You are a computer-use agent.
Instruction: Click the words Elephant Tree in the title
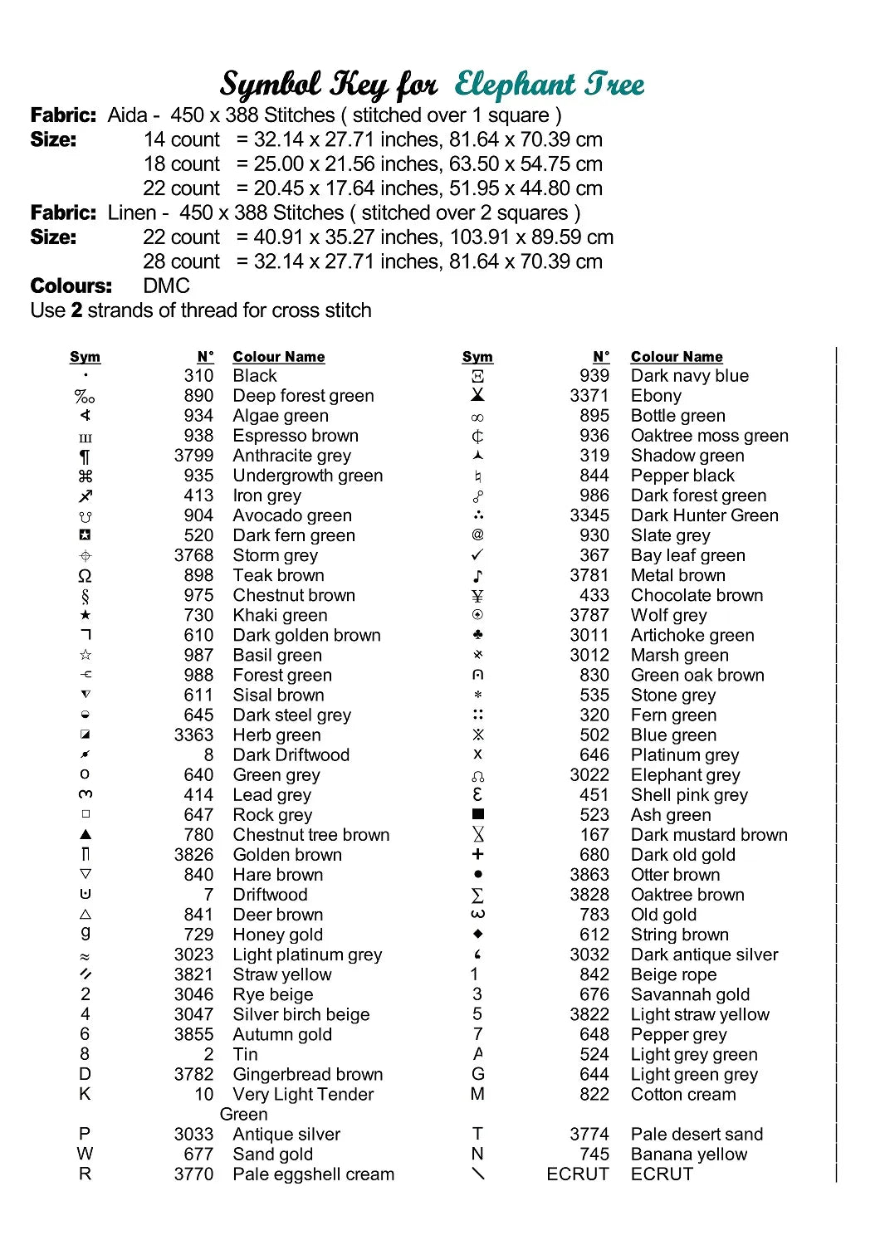pyautogui.click(x=549, y=84)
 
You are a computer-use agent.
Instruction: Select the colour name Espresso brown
pyautogui.click(x=296, y=436)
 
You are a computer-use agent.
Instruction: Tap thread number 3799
pyautogui.click(x=193, y=456)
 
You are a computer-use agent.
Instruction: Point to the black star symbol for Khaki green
pyautogui.click(x=86, y=615)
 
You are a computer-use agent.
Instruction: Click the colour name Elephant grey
pyautogui.click(x=685, y=774)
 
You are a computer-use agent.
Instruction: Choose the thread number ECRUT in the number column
pyautogui.click(x=578, y=1174)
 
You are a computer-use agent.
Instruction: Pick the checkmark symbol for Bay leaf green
pyautogui.click(x=477, y=554)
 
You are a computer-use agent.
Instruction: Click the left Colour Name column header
pyautogui.click(x=279, y=357)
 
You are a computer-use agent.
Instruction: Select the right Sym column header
pyautogui.click(x=477, y=357)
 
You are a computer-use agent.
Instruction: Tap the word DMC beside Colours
pyautogui.click(x=167, y=286)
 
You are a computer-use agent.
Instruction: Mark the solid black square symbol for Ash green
pyautogui.click(x=477, y=814)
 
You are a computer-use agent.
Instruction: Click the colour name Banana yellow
pyautogui.click(x=689, y=1154)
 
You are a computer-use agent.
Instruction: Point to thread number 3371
pyautogui.click(x=589, y=396)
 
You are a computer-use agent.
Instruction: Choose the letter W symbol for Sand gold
pyautogui.click(x=86, y=1154)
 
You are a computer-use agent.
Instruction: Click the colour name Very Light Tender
pyautogui.click(x=303, y=1094)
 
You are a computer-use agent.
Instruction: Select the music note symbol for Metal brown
pyautogui.click(x=477, y=575)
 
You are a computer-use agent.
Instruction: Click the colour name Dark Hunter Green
pyautogui.click(x=705, y=515)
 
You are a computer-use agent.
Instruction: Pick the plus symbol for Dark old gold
pyautogui.click(x=477, y=854)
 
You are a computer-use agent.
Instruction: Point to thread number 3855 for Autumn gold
pyautogui.click(x=193, y=1034)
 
